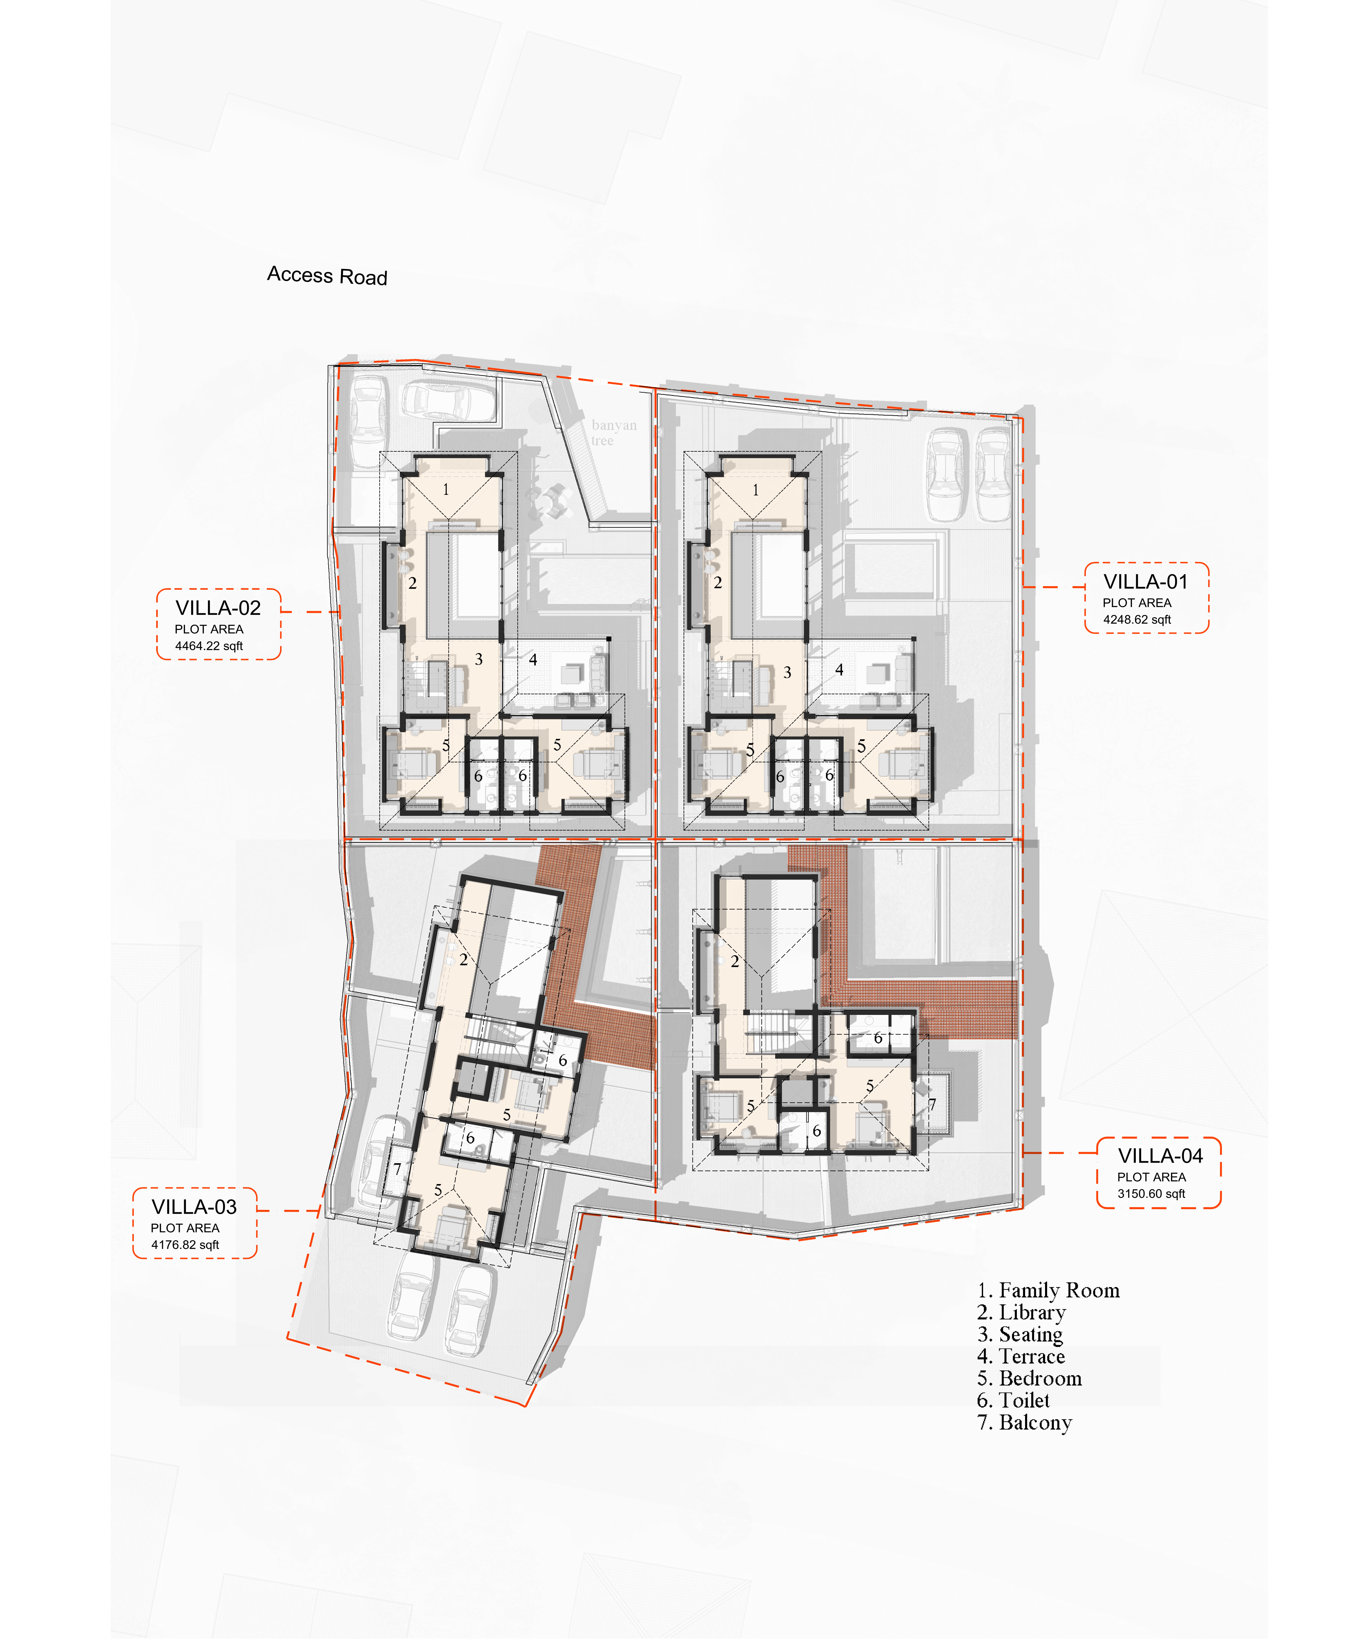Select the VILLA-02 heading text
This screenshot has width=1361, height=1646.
[x=218, y=608]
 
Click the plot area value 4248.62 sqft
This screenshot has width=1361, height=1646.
[x=1137, y=619]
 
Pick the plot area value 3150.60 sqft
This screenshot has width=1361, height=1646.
[x=1151, y=1194]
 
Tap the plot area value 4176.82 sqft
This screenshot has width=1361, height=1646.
[x=185, y=1245]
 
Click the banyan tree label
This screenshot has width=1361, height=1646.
[x=613, y=432]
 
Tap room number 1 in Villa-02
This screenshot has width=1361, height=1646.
[x=446, y=490]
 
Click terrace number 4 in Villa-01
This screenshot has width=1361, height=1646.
[x=839, y=669]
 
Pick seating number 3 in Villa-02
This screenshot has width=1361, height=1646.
[x=479, y=659]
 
